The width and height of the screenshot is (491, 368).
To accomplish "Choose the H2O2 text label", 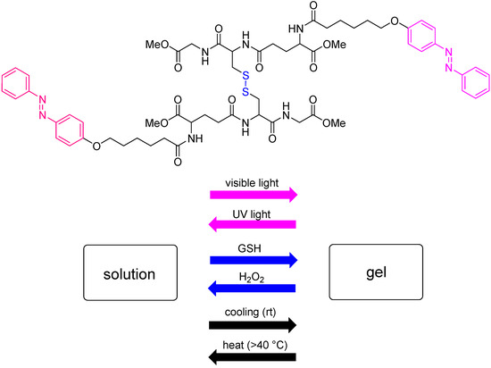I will coord(253,274).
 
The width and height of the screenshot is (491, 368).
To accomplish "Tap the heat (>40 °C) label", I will coord(253,337).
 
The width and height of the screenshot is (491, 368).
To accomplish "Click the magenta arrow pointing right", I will coord(253,195).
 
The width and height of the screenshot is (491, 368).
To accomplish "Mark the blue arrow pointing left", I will coord(253,288).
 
